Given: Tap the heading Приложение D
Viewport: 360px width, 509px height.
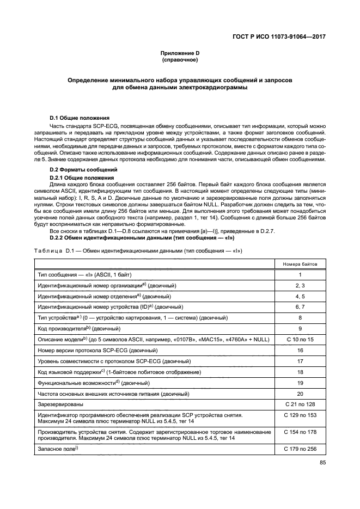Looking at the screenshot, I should [180, 53].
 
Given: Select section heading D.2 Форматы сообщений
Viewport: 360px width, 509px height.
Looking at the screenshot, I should [83, 171].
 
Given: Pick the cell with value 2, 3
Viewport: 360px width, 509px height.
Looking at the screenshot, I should [300, 285].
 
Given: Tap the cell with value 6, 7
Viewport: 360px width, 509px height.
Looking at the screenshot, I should [300, 307].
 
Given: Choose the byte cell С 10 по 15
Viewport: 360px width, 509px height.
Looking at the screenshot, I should [300, 339].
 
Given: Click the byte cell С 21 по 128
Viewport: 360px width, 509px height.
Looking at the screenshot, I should [300, 404].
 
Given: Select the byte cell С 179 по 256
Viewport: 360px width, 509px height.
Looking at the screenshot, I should [300, 449].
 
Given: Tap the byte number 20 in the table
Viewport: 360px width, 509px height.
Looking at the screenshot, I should [300, 394].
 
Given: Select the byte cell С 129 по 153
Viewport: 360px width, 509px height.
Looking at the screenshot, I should [300, 415].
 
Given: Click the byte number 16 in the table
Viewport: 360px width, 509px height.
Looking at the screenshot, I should [300, 351].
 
